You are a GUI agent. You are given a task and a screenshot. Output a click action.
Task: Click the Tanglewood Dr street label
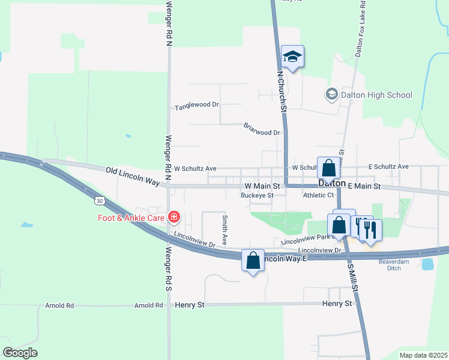(196, 106)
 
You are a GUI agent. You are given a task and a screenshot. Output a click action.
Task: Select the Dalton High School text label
(376, 95)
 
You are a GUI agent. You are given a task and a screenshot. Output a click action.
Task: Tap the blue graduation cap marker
(292, 56)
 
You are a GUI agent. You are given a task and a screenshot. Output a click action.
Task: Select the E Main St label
(364, 187)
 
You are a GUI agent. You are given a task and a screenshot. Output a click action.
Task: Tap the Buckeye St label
(257, 195)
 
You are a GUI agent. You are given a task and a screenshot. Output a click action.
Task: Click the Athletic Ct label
(318, 195)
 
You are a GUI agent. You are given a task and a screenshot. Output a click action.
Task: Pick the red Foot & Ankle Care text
(131, 217)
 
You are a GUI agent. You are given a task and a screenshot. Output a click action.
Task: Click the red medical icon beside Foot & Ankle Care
(174, 216)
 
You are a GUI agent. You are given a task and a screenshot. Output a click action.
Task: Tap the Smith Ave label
(224, 230)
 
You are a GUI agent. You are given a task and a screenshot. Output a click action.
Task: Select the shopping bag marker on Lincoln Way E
(253, 260)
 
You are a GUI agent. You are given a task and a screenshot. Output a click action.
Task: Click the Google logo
(20, 353)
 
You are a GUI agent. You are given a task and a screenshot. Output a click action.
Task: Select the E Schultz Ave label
(388, 166)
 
